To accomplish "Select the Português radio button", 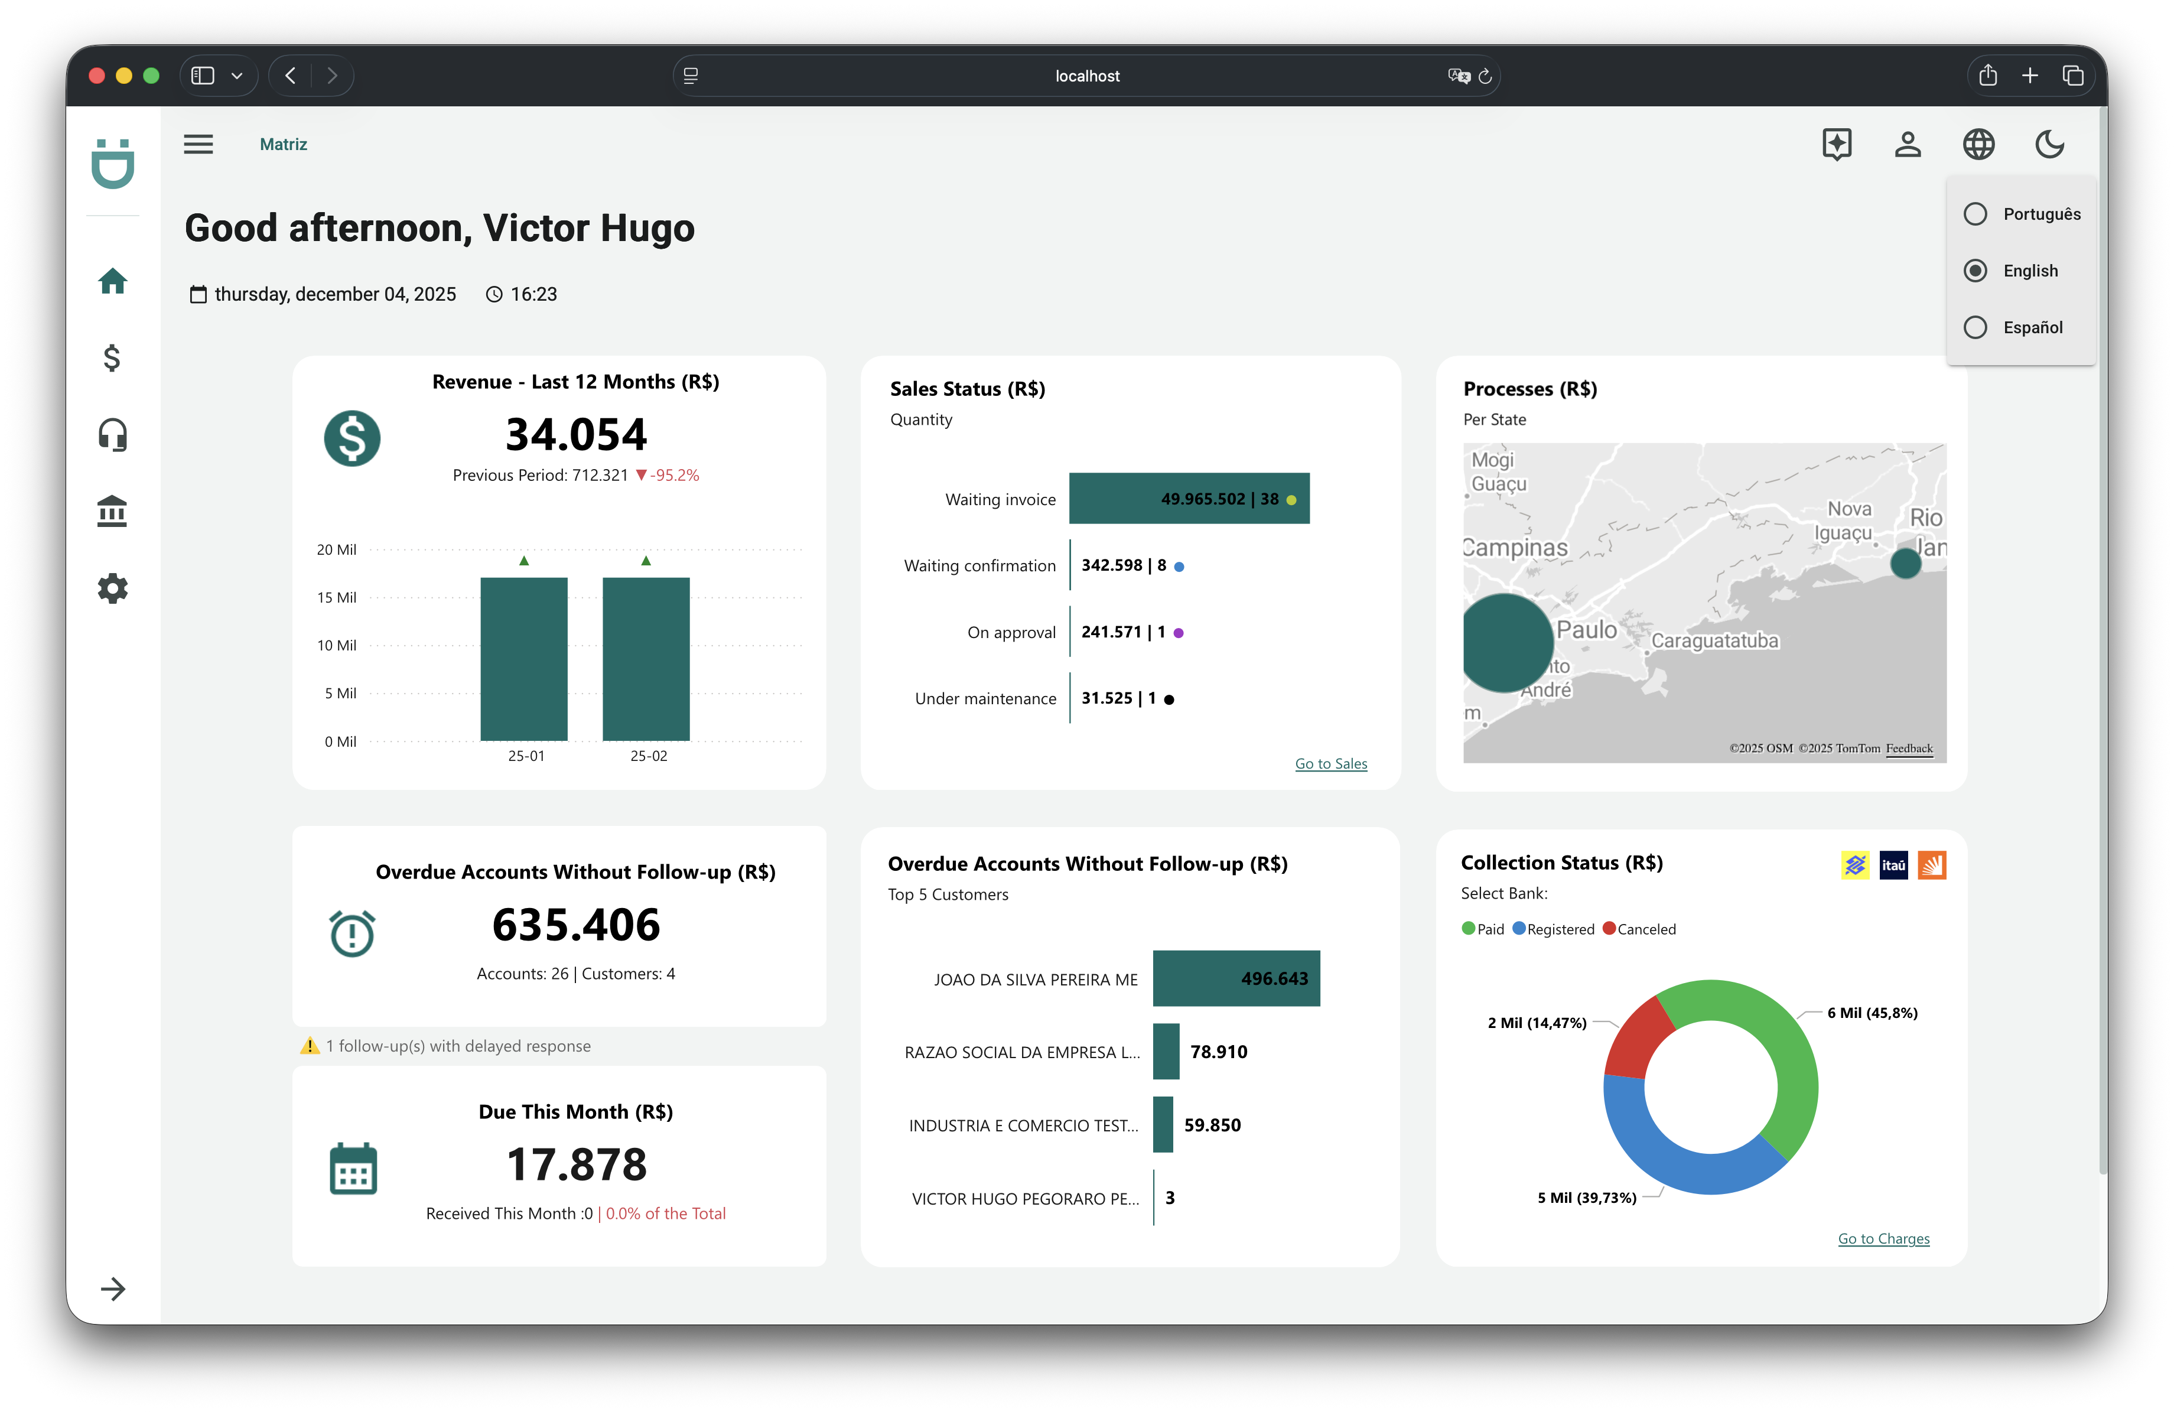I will click(1975, 214).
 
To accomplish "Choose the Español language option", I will click(1975, 327).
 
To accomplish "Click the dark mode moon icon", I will click(2050, 144).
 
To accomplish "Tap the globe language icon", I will click(1978, 144).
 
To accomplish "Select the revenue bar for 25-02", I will click(646, 658).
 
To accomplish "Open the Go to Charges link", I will click(1883, 1238).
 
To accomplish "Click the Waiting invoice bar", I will click(1189, 499).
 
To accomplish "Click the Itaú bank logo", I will click(1893, 865).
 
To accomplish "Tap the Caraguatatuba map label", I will click(1714, 641).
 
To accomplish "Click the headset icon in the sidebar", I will click(112, 435).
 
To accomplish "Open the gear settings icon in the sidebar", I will click(112, 588).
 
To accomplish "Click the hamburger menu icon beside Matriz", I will click(198, 144).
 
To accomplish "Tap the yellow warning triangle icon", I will click(310, 1046).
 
